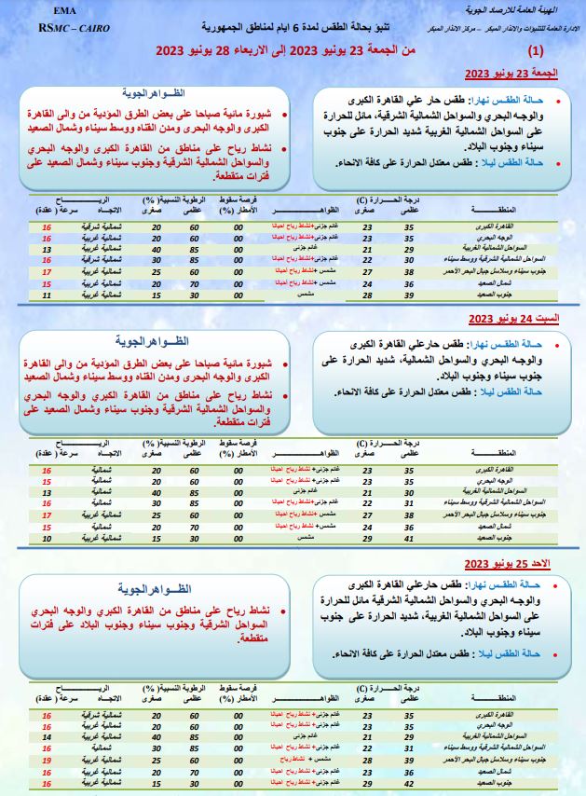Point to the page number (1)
pos(538,52)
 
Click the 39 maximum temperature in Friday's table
pos(408,295)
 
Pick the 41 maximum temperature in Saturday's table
pos(408,540)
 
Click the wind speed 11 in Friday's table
pos(47,295)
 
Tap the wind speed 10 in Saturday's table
pos(47,540)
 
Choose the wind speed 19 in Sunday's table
pos(47,761)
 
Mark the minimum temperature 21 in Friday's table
pos(367,249)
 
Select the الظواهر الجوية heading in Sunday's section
pos(154,590)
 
